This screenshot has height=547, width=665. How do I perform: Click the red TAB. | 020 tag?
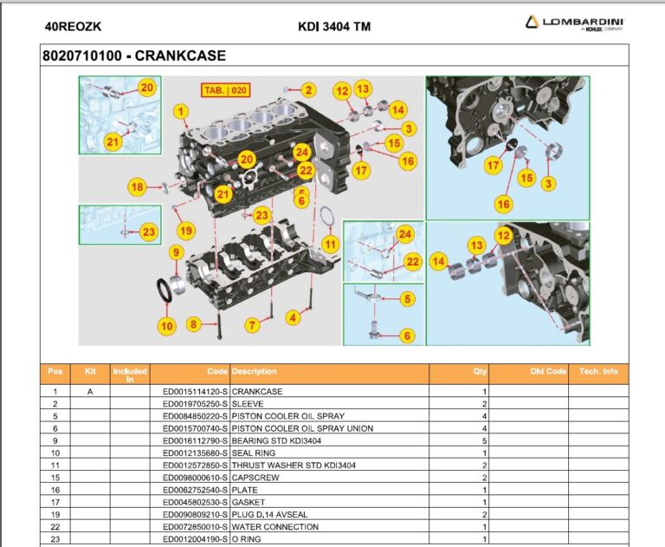pyautogui.click(x=225, y=89)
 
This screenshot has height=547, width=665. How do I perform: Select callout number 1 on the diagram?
pyautogui.click(x=180, y=111)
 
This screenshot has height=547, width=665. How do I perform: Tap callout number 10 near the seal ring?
pyautogui.click(x=166, y=326)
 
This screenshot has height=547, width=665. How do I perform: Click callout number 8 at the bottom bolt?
pyautogui.click(x=193, y=324)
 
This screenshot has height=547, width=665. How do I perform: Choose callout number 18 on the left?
pyautogui.click(x=137, y=186)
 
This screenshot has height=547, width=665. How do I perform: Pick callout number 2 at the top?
pyautogui.click(x=309, y=89)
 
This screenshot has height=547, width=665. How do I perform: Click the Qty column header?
pyautogui.click(x=480, y=371)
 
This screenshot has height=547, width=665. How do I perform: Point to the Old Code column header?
pyautogui.click(x=548, y=371)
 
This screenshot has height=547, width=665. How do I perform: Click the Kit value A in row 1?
pyautogui.click(x=89, y=392)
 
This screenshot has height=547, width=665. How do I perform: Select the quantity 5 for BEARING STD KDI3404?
pyautogui.click(x=484, y=440)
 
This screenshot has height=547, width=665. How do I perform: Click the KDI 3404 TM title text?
pyautogui.click(x=333, y=26)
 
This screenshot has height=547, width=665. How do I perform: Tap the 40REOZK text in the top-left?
pyautogui.click(x=74, y=26)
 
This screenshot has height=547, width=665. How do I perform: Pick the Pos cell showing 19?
pyautogui.click(x=55, y=514)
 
